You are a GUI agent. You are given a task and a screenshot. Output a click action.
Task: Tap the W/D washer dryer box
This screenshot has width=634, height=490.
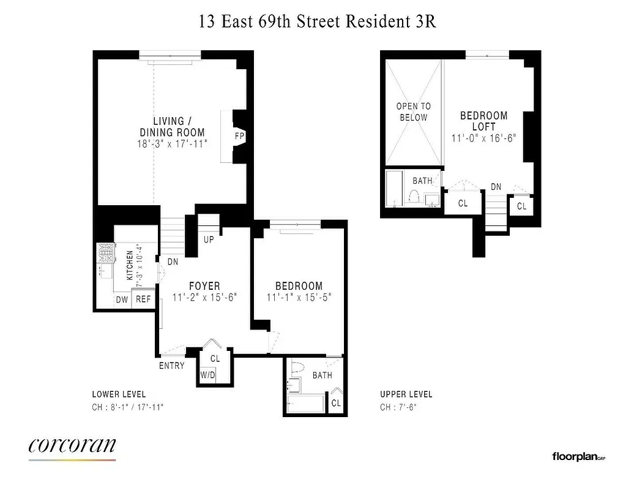pos(207,375)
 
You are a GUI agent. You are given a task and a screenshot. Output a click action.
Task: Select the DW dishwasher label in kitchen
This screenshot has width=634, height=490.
pos(122,300)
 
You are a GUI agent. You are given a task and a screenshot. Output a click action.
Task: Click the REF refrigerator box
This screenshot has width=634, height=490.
pos(143,300)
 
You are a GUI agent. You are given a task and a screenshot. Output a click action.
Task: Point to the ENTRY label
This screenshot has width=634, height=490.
pos(171,366)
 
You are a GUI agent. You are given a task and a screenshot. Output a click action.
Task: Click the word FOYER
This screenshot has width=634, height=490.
pos(204,286)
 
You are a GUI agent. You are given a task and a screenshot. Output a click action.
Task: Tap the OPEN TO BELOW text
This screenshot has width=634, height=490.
pos(413,111)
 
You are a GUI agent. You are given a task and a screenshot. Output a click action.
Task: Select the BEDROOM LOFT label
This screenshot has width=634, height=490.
pos(483,121)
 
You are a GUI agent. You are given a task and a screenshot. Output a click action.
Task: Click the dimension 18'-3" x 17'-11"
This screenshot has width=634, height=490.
pos(173,144)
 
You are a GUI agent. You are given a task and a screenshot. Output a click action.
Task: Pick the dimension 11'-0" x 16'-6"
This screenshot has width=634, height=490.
pos(483,138)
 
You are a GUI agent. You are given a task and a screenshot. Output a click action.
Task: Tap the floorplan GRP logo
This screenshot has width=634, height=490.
pos(578,456)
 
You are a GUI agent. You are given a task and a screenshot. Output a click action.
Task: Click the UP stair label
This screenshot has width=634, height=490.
pos(209,239)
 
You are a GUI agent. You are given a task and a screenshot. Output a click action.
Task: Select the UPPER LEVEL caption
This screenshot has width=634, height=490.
pos(406,394)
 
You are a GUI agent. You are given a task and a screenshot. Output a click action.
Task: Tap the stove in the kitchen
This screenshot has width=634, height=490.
pos(106,252)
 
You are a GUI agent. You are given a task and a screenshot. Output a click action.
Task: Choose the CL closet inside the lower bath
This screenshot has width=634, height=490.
pos(336,403)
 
